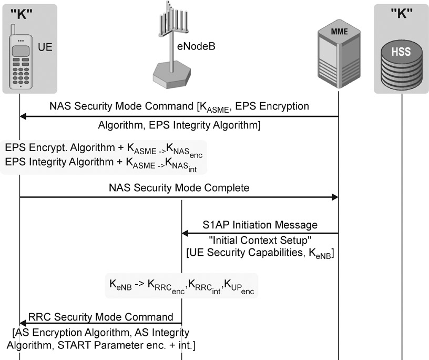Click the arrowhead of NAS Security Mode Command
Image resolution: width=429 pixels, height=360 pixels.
point(23,116)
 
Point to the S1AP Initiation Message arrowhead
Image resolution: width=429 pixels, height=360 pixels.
point(186,233)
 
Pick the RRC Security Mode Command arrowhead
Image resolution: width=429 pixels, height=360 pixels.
point(23,324)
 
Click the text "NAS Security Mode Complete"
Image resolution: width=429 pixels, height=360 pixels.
point(179,187)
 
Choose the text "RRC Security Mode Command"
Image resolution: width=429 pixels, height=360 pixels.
point(100,317)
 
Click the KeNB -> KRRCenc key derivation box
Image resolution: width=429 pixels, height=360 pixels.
point(181,286)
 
